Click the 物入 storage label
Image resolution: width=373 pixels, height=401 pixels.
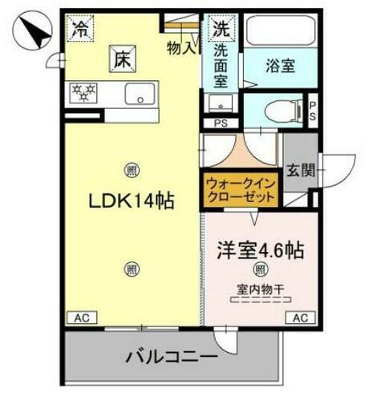click(180, 48)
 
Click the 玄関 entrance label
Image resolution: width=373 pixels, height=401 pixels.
click(302, 170)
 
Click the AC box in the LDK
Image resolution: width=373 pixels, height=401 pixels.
click(82, 318)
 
